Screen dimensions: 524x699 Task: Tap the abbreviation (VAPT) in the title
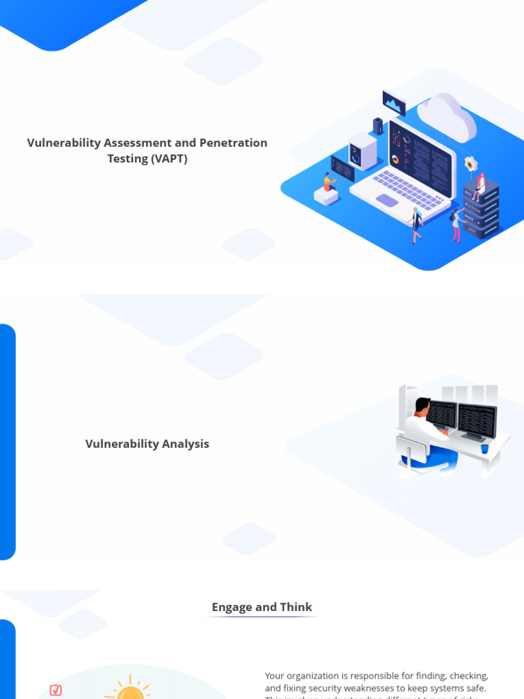click(x=169, y=158)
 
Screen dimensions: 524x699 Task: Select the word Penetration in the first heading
click(x=233, y=143)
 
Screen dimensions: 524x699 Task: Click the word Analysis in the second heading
click(x=186, y=444)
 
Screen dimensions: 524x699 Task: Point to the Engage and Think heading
click(x=262, y=607)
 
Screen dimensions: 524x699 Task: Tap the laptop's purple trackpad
click(x=386, y=201)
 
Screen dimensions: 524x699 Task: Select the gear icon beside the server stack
click(x=470, y=164)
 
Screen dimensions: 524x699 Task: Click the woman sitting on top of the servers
click(x=480, y=186)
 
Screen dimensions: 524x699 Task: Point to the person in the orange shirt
click(x=329, y=182)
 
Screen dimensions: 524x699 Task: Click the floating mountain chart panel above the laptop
click(x=394, y=102)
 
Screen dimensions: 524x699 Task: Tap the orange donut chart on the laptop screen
click(x=395, y=159)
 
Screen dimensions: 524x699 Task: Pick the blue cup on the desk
click(x=484, y=448)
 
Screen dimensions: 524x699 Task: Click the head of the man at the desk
click(x=423, y=405)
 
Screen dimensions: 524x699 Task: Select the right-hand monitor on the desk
click(x=476, y=420)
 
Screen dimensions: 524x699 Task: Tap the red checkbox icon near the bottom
click(x=56, y=691)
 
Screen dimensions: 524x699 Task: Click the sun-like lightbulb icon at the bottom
click(x=130, y=691)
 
